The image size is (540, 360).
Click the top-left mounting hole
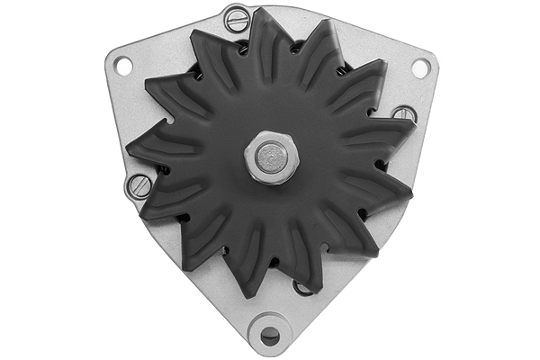point(123,66)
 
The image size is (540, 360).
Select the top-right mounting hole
point(420,67)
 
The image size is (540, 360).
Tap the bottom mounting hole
point(270,336)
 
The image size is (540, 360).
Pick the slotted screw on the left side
point(139,186)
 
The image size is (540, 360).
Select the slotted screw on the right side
point(404,114)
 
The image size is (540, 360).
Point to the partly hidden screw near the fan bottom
point(303,287)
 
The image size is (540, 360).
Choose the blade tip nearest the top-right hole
point(384,63)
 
